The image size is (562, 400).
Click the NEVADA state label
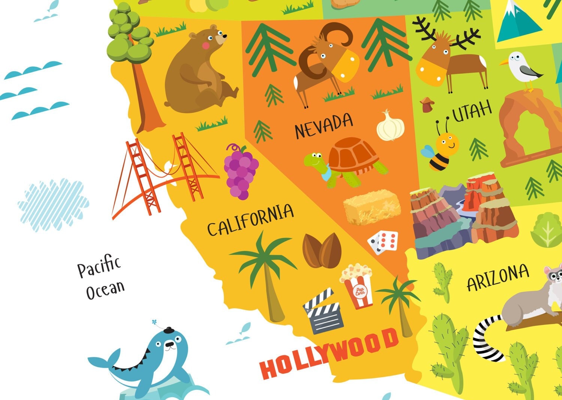tap(324, 126)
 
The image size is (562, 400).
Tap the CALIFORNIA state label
tap(250, 219)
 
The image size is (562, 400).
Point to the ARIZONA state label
tap(498, 278)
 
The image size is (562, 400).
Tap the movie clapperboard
tap(323, 311)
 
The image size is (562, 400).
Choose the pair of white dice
tap(383, 242)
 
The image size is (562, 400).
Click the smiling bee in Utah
tap(442, 150)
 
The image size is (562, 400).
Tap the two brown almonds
tap(322, 250)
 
